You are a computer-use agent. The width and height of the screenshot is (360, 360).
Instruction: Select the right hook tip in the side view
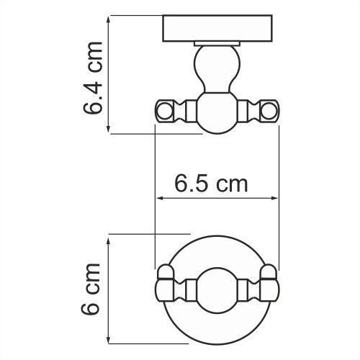269,112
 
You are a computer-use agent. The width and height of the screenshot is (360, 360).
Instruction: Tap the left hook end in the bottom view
165,284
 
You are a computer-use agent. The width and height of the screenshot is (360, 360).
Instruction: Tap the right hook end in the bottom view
269,284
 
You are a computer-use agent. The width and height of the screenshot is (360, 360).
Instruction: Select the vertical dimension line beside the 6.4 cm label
109,75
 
